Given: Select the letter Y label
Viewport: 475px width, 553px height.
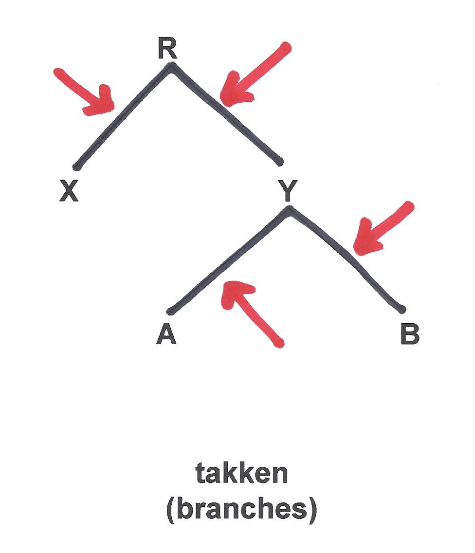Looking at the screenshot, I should pyautogui.click(x=288, y=191).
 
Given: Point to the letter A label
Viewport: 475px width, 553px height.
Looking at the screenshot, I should pyautogui.click(x=166, y=335).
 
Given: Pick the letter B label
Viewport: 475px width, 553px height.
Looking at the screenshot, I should pyautogui.click(x=409, y=335).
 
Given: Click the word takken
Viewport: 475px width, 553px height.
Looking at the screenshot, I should pyautogui.click(x=242, y=474).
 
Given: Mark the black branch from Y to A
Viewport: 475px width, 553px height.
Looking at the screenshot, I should pyautogui.click(x=229, y=260).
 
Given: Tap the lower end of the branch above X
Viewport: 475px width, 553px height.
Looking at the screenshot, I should pyautogui.click(x=76, y=167).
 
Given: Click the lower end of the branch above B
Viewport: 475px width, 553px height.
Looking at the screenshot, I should pyautogui.click(x=402, y=309).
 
